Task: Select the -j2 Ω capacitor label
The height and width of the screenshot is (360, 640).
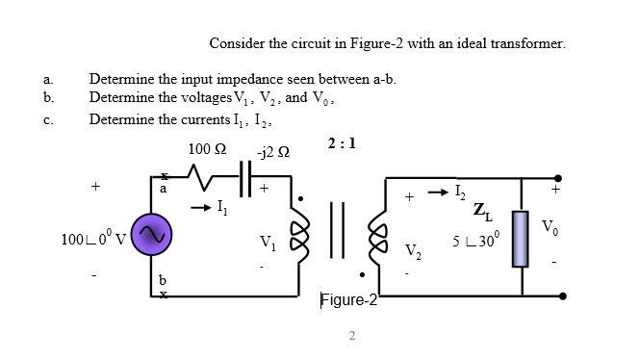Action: point(267,154)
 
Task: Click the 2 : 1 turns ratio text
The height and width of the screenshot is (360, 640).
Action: point(341,144)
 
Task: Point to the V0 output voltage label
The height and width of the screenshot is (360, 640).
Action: point(550,228)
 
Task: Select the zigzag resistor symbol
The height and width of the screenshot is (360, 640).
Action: point(209,177)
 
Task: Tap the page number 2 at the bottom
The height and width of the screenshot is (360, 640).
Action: point(352,336)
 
